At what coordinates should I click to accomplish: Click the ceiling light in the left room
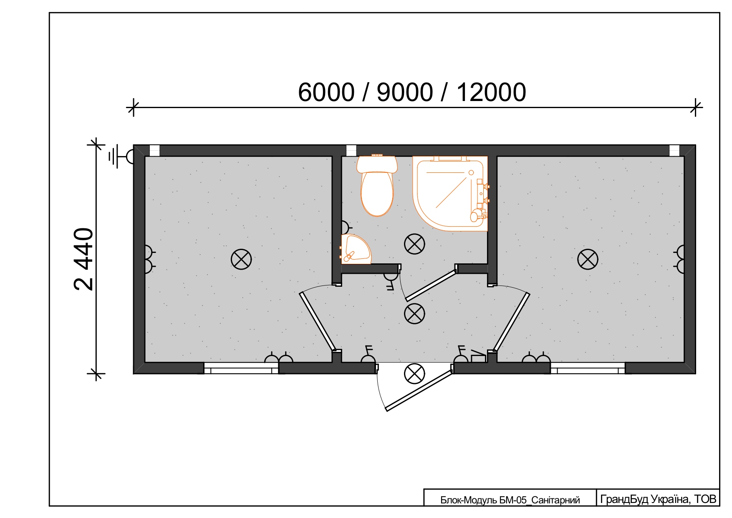(x=241, y=259)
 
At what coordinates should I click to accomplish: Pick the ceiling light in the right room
(x=588, y=259)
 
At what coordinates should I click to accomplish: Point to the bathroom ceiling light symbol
(x=414, y=244)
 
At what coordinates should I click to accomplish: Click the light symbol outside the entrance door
(x=414, y=373)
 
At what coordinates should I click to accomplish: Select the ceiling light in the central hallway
(x=414, y=313)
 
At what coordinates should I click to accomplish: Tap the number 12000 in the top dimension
(x=491, y=92)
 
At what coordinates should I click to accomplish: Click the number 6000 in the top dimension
(x=326, y=92)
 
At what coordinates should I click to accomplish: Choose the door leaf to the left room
(x=317, y=321)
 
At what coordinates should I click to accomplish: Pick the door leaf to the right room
(x=511, y=322)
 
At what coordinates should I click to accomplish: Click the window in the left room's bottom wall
(x=241, y=368)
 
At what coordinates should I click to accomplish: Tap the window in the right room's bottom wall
(x=588, y=368)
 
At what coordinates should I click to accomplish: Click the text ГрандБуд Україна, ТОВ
(x=658, y=499)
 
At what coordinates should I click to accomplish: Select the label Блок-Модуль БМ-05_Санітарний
(x=510, y=500)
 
